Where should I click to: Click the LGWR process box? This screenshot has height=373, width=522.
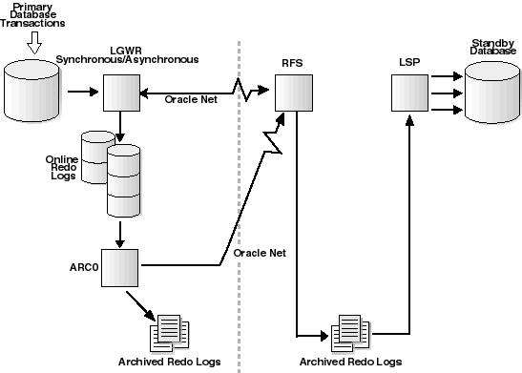[121, 93]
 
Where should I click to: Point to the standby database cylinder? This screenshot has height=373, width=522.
[491, 93]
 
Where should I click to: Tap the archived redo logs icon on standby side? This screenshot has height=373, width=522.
[347, 334]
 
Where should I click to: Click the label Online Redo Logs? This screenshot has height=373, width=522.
[62, 168]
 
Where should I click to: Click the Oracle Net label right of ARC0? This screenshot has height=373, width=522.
[260, 254]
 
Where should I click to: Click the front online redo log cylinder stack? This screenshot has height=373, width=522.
[123, 181]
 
